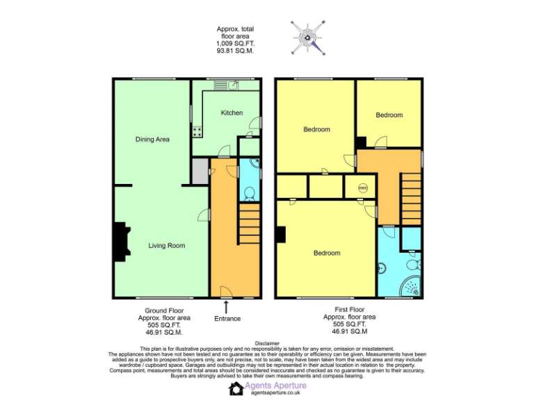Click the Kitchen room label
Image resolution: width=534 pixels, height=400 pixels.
pyautogui.click(x=232, y=112)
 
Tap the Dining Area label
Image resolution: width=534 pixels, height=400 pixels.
pyautogui.click(x=152, y=140)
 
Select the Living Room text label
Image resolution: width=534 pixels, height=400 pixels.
pyautogui.click(x=166, y=245)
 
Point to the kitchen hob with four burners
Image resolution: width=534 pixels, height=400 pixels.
pyautogui.click(x=197, y=130)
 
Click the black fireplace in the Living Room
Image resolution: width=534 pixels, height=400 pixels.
pyautogui.click(x=120, y=241)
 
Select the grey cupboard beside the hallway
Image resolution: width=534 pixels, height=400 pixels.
pyautogui.click(x=200, y=171)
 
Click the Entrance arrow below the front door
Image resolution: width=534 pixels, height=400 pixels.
pyautogui.click(x=227, y=306)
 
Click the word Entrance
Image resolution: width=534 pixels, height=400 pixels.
pyautogui.click(x=227, y=319)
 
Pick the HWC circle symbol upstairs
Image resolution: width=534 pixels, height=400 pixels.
pyautogui.click(x=363, y=187)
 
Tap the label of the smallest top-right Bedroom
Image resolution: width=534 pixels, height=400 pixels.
pyautogui.click(x=389, y=115)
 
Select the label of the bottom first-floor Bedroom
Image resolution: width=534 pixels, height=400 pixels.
pyautogui.click(x=326, y=253)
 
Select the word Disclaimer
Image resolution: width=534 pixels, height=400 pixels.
pyautogui.click(x=267, y=343)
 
